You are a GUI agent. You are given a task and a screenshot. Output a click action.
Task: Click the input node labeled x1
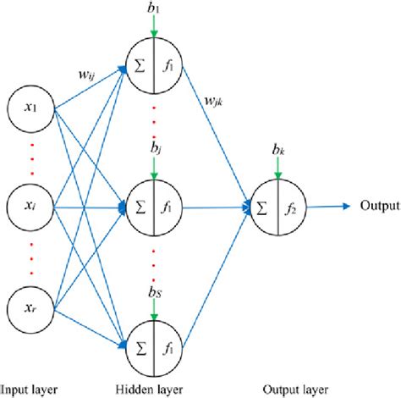pyautogui.click(x=30, y=109)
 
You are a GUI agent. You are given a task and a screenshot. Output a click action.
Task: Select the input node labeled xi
pyautogui.click(x=30, y=205)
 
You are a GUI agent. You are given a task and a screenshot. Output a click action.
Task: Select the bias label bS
pyautogui.click(x=153, y=293)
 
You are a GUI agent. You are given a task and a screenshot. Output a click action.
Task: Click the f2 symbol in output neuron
pyautogui.click(x=288, y=207)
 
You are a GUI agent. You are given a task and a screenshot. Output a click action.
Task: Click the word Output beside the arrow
pyautogui.click(x=378, y=206)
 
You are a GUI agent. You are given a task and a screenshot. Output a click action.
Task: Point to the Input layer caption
pyautogui.click(x=30, y=390)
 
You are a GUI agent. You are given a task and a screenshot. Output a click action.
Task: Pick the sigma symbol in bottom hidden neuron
pyautogui.click(x=139, y=345)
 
